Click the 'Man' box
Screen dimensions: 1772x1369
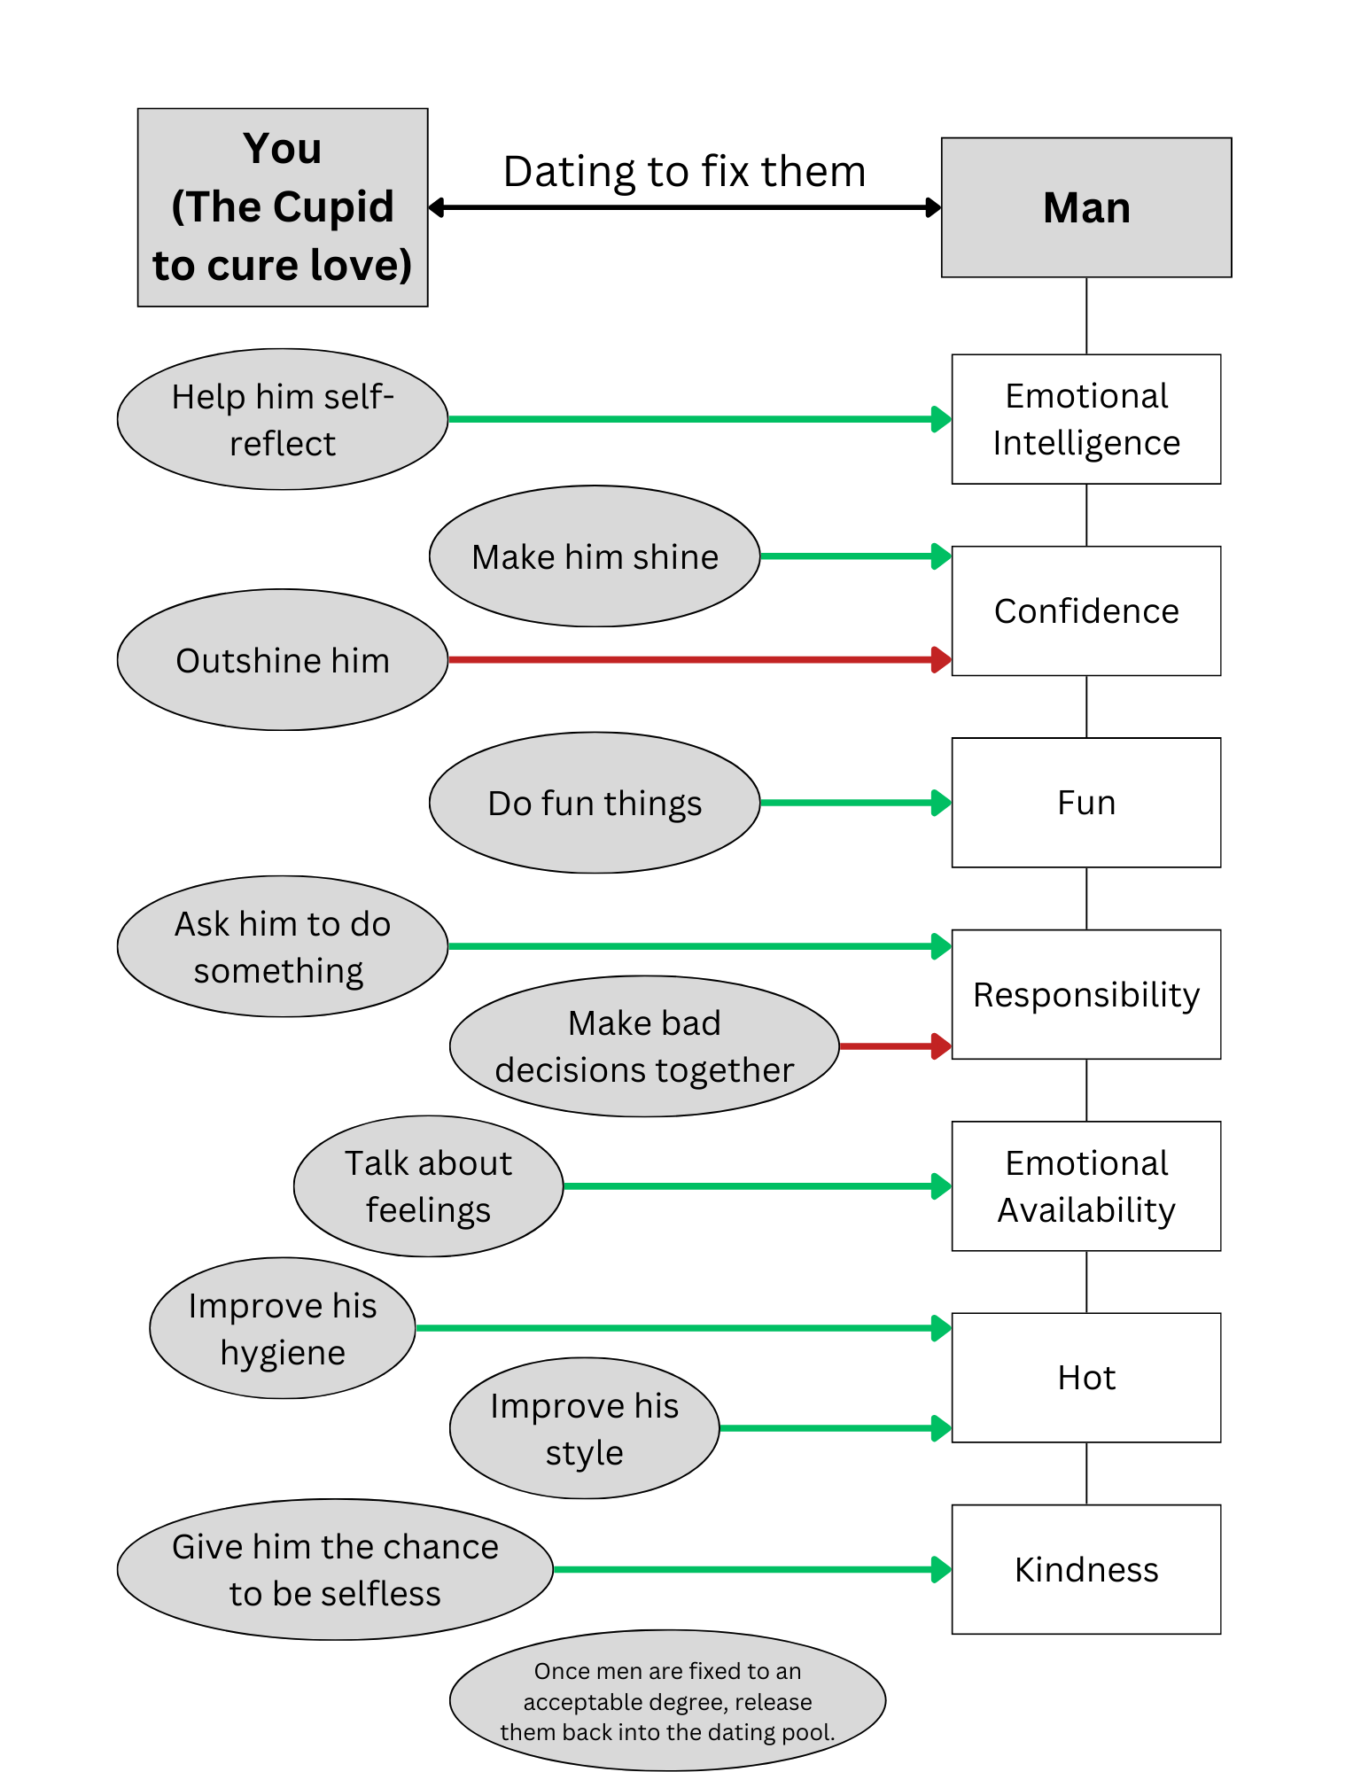(1085, 207)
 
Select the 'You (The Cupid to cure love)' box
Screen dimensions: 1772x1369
(283, 207)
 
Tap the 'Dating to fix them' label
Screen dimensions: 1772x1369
(684, 172)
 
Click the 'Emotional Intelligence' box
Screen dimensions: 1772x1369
(1085, 419)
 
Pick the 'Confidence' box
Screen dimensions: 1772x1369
(1085, 611)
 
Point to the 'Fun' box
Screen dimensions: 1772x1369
(1085, 803)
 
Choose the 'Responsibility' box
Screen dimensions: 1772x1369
(1085, 994)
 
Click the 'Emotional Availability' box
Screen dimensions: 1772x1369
(1085, 1186)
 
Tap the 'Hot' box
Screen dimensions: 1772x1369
(1085, 1378)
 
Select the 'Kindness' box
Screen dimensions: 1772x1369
(1085, 1569)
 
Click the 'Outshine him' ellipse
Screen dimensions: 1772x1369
(283, 660)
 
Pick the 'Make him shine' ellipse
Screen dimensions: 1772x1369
(595, 556)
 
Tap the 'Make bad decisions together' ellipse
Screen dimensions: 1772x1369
(644, 1046)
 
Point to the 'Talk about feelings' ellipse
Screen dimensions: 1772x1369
(428, 1186)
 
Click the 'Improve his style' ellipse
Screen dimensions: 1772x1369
(584, 1428)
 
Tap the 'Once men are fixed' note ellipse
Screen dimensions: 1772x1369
(667, 1701)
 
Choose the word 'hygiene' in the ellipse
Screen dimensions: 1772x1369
(283, 1353)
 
